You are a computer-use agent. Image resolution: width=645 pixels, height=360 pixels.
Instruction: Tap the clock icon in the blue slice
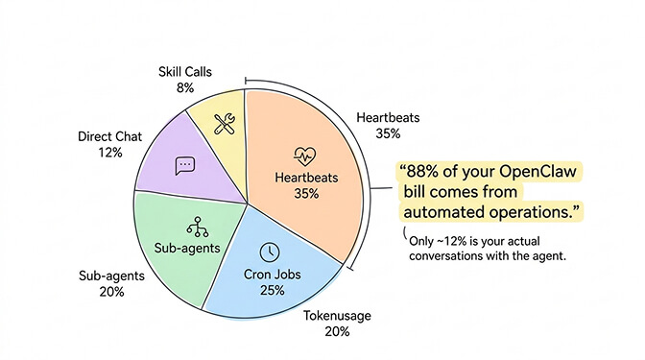[x=270, y=251]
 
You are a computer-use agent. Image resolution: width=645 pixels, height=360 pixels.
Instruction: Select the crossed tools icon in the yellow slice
[x=224, y=124]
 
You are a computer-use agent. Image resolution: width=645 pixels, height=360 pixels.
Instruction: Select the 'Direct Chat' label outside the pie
[x=109, y=136]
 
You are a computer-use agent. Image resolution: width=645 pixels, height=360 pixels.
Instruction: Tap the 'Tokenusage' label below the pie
[x=337, y=315]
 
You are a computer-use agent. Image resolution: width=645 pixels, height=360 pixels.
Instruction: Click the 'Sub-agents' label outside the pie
[x=109, y=276]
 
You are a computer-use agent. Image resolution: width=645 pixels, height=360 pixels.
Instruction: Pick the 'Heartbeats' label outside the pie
[x=388, y=117]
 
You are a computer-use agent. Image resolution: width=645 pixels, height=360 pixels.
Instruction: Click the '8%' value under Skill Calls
[x=186, y=87]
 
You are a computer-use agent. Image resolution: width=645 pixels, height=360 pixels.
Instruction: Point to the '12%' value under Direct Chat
[x=109, y=152]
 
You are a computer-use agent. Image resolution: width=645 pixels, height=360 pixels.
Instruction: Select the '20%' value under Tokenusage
[x=337, y=331]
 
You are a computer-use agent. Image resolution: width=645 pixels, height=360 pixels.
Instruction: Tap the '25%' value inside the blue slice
[x=271, y=290]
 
